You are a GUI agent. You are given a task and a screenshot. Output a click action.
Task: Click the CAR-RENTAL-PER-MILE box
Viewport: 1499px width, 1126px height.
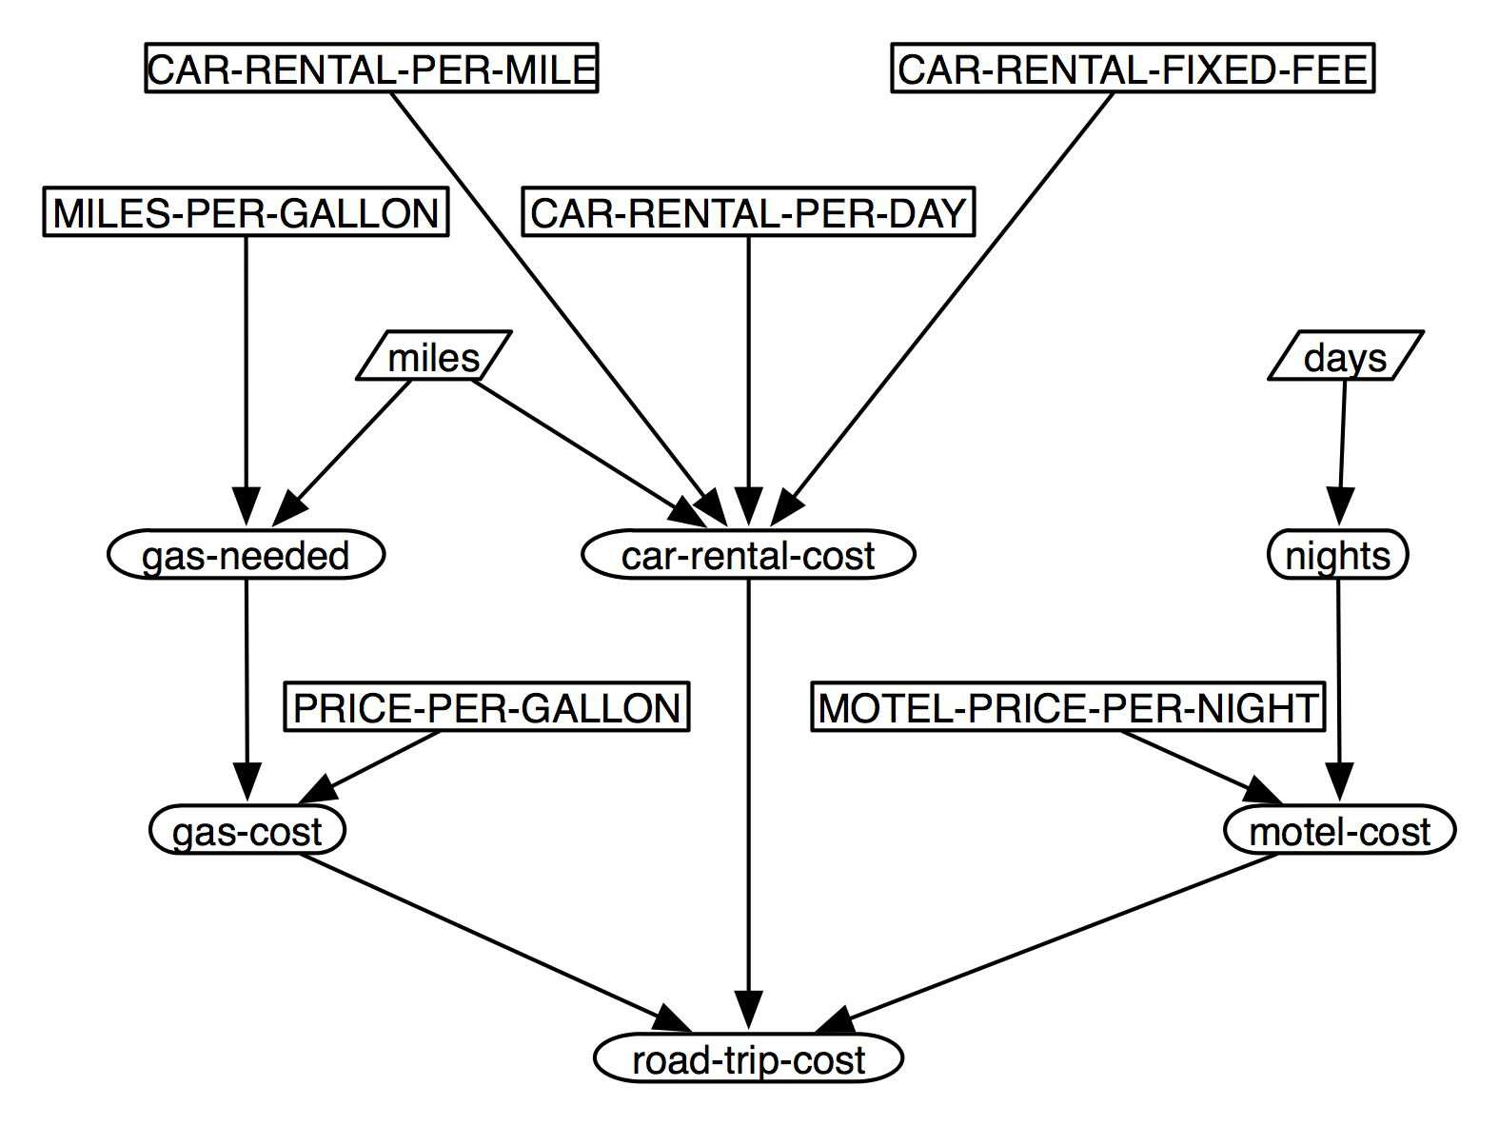(x=371, y=69)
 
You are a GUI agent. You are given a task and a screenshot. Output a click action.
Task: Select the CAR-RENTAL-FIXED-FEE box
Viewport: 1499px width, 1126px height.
(x=1133, y=69)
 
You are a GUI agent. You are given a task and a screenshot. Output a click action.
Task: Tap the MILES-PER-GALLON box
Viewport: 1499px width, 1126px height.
(x=246, y=211)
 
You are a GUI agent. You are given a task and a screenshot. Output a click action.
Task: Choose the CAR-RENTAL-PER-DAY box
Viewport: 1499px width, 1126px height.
(x=748, y=211)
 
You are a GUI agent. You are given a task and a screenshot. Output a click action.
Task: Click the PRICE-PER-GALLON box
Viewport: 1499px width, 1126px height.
(x=486, y=707)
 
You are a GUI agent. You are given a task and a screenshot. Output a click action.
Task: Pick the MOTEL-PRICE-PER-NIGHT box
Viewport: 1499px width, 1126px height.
(x=1068, y=707)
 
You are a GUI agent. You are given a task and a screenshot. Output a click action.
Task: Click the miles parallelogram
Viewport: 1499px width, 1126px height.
(x=434, y=355)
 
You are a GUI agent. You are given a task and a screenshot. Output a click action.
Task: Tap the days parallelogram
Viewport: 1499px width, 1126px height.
(x=1346, y=355)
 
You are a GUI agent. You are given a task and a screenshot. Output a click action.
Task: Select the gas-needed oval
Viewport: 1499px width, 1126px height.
(x=246, y=555)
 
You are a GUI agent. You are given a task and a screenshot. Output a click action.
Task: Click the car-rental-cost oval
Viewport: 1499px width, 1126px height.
(x=748, y=555)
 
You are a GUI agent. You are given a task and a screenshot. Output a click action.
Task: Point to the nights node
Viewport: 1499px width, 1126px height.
(x=1338, y=555)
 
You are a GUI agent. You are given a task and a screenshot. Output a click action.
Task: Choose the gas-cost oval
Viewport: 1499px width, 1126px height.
(x=247, y=830)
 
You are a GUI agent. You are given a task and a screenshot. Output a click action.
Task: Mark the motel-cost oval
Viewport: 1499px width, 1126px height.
(x=1340, y=830)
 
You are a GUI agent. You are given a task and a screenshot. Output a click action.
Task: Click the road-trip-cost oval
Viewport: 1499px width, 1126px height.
(x=748, y=1057)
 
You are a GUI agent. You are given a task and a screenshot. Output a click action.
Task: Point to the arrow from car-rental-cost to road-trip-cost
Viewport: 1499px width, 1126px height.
(x=748, y=804)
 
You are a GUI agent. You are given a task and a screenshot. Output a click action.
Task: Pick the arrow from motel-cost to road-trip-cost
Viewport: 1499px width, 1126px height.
(x=1046, y=943)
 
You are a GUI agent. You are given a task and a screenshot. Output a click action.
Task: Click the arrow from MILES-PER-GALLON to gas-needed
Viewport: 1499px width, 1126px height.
(x=246, y=381)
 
